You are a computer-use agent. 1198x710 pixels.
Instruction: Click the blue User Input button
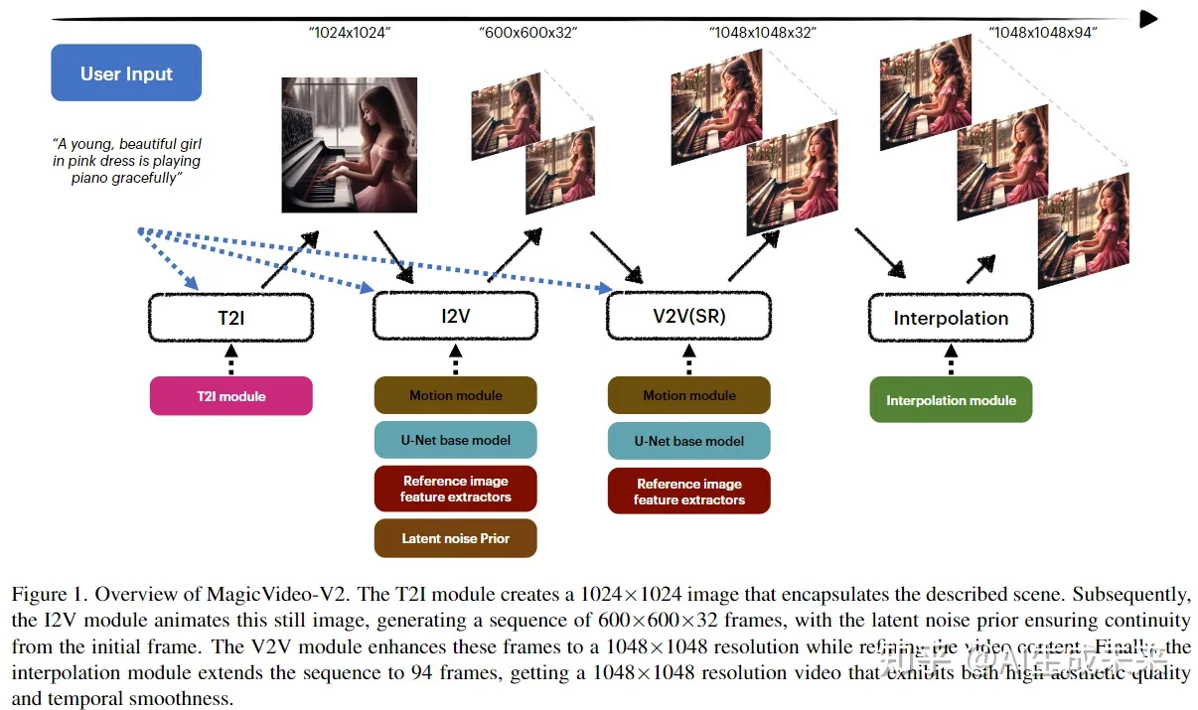[126, 72]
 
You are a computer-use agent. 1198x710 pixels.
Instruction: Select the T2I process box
[230, 318]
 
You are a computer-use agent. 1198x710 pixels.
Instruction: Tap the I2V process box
[455, 318]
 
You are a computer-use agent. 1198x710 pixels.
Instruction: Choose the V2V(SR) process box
[688, 318]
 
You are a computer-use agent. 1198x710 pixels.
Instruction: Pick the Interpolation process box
[951, 318]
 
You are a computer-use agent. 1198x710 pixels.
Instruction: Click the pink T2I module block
[230, 396]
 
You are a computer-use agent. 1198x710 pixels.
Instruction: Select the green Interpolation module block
[951, 400]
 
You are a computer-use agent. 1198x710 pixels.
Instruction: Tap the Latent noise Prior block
[455, 538]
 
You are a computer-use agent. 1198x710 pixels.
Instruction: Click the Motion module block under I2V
[455, 395]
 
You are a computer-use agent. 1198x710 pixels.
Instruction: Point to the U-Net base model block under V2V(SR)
[688, 441]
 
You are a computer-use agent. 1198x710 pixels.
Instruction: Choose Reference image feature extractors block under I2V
[455, 489]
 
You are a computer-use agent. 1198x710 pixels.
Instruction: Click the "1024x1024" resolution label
[349, 33]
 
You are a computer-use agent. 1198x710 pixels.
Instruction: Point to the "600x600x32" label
[527, 33]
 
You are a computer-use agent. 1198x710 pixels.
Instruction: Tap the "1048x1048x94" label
[1042, 33]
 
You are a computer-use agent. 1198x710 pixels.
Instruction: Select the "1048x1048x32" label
[762, 33]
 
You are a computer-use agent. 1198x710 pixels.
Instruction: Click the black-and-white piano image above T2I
[345, 146]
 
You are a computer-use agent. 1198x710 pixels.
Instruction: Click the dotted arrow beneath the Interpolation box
[951, 358]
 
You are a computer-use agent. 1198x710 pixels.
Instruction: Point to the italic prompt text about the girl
[126, 161]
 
